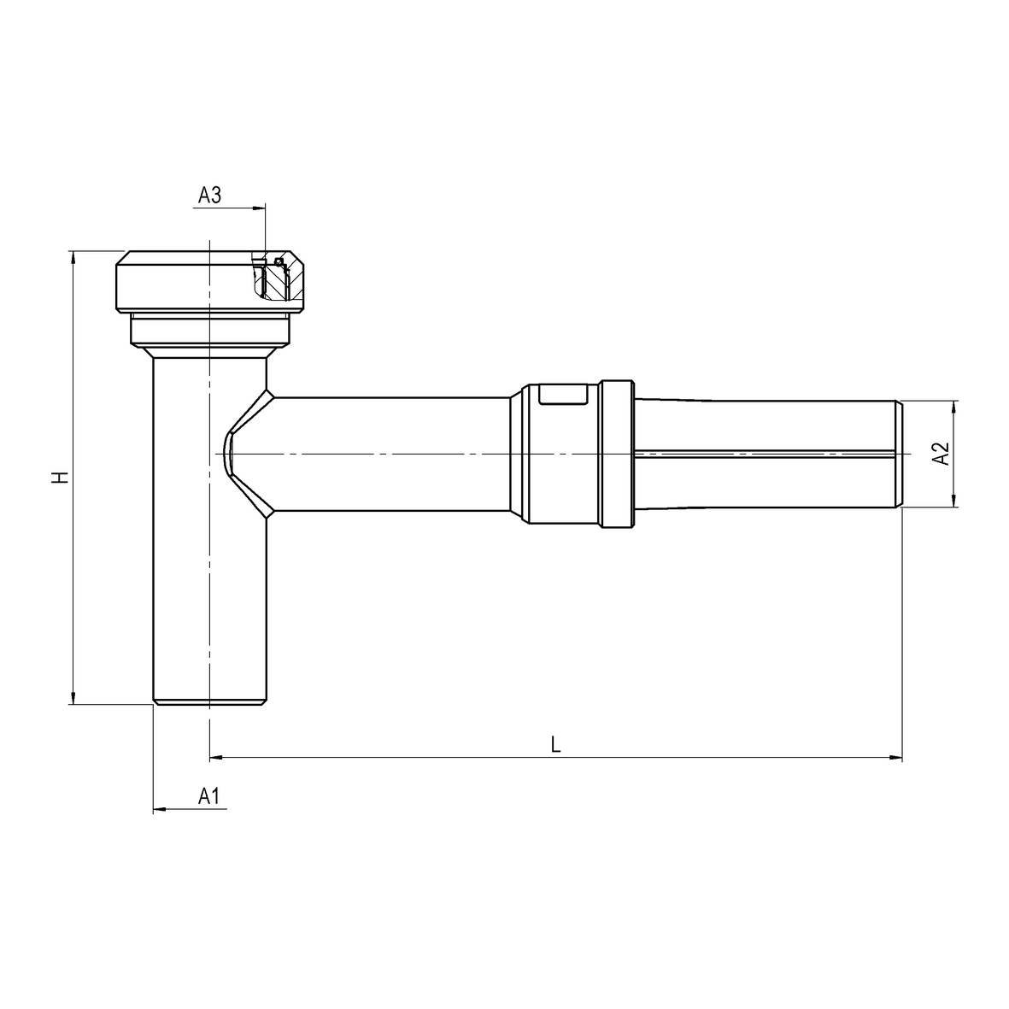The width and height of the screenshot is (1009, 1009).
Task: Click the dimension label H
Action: pyautogui.click(x=62, y=478)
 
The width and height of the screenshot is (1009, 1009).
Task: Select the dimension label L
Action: pyautogui.click(x=556, y=744)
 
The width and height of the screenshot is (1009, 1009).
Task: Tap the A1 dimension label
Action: pyautogui.click(x=208, y=796)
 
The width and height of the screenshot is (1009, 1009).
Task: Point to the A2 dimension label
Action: pyautogui.click(x=942, y=454)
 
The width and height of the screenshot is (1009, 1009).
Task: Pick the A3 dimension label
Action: pyautogui.click(x=210, y=194)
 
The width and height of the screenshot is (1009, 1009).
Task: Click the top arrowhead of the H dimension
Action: pyautogui.click(x=73, y=257)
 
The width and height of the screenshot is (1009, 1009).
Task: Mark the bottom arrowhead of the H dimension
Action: pyautogui.click(x=73, y=698)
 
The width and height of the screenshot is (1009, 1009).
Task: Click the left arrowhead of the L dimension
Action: pyautogui.click(x=216, y=758)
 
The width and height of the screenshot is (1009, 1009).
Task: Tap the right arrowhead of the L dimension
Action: pyautogui.click(x=895, y=758)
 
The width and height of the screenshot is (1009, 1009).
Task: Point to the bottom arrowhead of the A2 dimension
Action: pyautogui.click(x=953, y=501)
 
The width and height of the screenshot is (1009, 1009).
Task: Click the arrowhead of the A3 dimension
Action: pyautogui.click(x=259, y=208)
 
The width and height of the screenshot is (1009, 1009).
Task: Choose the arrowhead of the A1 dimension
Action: pyautogui.click(x=160, y=808)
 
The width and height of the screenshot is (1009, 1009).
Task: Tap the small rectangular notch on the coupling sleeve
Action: pyautogui.click(x=563, y=395)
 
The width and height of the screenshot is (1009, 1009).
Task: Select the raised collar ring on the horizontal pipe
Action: pyautogui.click(x=617, y=455)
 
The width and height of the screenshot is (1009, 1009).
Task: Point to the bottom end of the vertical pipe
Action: pyautogui.click(x=210, y=702)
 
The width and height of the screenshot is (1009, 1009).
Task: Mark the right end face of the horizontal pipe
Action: pyautogui.click(x=899, y=455)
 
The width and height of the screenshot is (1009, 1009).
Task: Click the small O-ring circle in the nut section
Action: pyautogui.click(x=279, y=261)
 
